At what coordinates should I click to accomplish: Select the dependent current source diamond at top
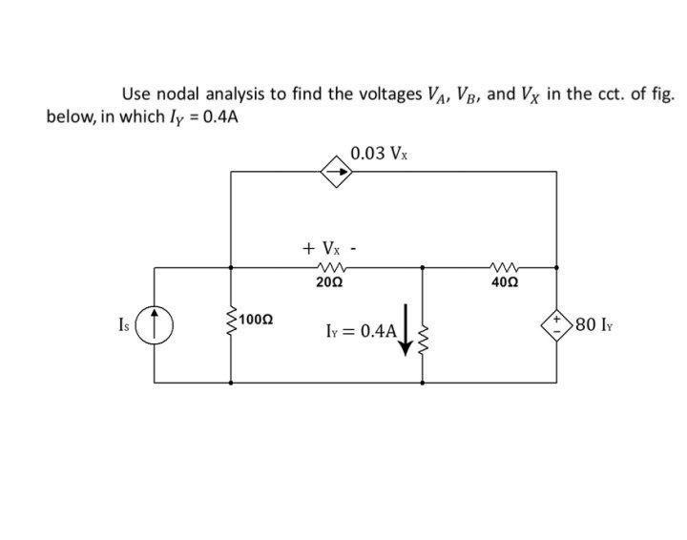pyautogui.click(x=336, y=172)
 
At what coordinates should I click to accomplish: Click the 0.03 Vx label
pyautogui.click(x=381, y=152)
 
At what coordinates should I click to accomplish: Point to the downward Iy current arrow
pyautogui.click(x=406, y=329)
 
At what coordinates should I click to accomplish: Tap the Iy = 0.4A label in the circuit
pyautogui.click(x=359, y=331)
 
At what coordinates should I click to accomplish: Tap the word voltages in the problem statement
pyautogui.click(x=386, y=94)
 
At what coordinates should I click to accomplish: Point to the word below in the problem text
pyautogui.click(x=69, y=116)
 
